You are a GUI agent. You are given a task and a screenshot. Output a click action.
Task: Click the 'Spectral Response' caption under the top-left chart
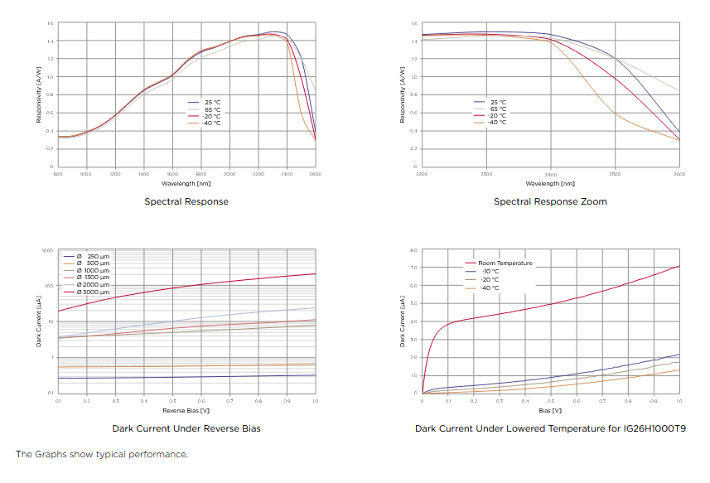pyautogui.click(x=186, y=201)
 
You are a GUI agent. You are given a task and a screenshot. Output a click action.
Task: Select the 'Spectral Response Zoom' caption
pyautogui.click(x=550, y=201)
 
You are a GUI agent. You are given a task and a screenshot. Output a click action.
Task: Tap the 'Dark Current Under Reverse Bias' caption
pyautogui.click(x=186, y=428)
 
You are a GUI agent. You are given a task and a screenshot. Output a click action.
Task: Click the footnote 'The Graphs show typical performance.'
pyautogui.click(x=102, y=454)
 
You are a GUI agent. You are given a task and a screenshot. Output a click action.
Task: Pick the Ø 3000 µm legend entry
pyautogui.click(x=93, y=292)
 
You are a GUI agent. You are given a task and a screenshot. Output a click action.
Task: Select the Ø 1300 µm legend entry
pyautogui.click(x=93, y=278)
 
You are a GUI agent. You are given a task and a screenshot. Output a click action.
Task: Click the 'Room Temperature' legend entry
pyautogui.click(x=505, y=263)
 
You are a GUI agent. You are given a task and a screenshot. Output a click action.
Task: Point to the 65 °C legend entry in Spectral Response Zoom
pyautogui.click(x=497, y=109)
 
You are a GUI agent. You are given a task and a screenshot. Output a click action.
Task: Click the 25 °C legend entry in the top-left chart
pyautogui.click(x=212, y=102)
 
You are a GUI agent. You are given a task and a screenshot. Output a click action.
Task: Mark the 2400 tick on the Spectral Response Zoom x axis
pyautogui.click(x=550, y=174)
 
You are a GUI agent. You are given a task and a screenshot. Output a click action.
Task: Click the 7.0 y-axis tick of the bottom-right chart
pyautogui.click(x=413, y=268)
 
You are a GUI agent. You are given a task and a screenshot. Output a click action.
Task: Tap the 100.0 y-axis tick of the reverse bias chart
pyautogui.click(x=48, y=286)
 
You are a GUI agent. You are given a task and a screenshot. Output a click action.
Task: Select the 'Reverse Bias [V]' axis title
pyautogui.click(x=186, y=409)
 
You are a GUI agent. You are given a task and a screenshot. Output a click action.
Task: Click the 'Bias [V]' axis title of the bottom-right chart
pyautogui.click(x=550, y=410)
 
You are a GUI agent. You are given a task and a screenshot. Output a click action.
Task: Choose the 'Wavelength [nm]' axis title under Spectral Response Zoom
pyautogui.click(x=550, y=183)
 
